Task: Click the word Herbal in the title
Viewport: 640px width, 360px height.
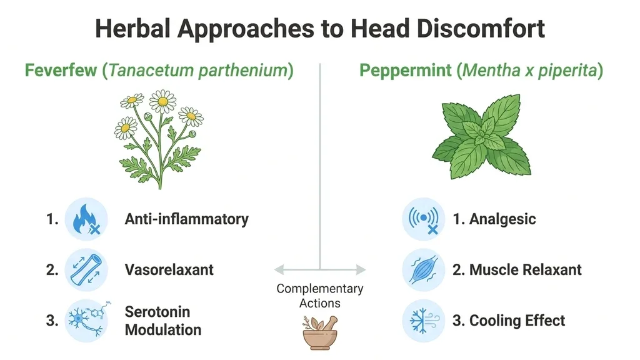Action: (132, 29)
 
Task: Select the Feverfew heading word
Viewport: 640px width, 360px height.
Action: (61, 70)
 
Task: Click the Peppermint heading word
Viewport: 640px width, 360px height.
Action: (405, 70)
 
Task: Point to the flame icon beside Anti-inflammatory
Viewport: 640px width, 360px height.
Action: (86, 219)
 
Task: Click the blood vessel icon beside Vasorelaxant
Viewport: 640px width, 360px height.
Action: (86, 270)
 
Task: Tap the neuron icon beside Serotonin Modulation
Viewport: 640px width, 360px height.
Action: (86, 321)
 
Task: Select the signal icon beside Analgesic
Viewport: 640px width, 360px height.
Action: (423, 219)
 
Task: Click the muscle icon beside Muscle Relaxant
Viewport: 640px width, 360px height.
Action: (423, 270)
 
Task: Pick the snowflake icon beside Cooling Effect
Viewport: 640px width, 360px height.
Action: (423, 321)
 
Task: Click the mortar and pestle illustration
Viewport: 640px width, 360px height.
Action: (320, 332)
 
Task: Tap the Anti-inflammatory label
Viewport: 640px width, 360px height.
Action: (186, 219)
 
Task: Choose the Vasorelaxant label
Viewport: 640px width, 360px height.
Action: (169, 270)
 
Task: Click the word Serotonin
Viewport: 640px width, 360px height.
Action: (157, 312)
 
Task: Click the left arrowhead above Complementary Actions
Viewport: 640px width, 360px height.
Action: (279, 269)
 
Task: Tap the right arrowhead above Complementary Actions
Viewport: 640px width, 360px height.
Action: (361, 269)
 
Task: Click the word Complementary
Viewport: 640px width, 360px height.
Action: (320, 289)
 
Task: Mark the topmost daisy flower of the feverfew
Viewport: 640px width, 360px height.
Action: (163, 101)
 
